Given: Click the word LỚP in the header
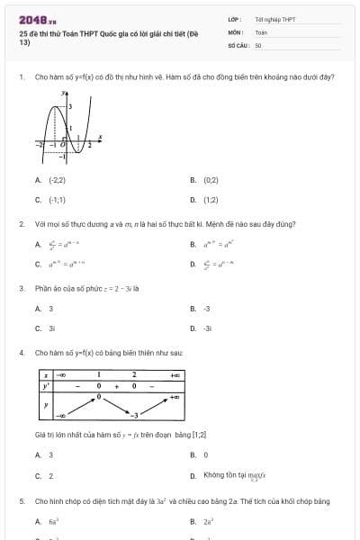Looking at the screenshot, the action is click(x=233, y=19).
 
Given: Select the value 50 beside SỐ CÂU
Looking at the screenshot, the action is click(x=258, y=44).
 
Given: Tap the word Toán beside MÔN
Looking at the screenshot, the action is click(x=261, y=31).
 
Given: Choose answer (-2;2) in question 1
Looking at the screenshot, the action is click(x=44, y=180).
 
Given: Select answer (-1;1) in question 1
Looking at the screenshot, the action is click(x=44, y=199).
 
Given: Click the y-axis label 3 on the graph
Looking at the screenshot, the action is click(x=71, y=106).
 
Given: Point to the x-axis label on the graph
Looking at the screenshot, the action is click(x=99, y=137).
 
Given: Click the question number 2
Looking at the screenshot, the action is click(x=21, y=223).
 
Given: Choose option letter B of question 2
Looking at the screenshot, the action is click(x=193, y=244).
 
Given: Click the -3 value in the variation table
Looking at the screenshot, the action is click(x=133, y=416).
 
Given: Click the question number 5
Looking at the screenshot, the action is click(x=21, y=500).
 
